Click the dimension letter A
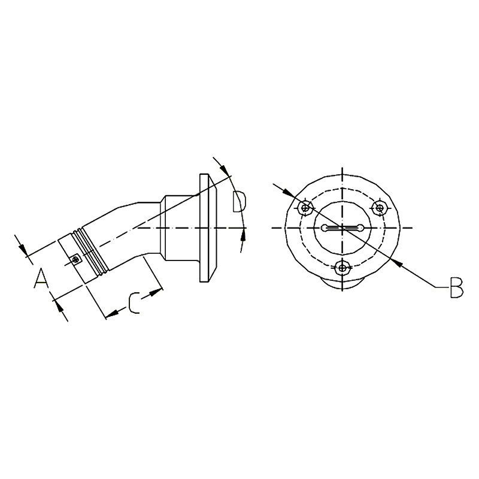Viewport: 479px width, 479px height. (41, 278)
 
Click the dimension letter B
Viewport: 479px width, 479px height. (457, 287)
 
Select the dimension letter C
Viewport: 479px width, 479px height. (134, 303)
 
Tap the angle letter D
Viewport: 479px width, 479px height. (238, 202)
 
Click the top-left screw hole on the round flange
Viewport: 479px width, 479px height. (305, 208)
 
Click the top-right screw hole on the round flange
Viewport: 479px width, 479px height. (380, 208)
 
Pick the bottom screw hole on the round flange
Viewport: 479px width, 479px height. (342, 268)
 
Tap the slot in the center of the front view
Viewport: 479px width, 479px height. (342, 228)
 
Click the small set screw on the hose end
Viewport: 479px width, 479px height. (75, 259)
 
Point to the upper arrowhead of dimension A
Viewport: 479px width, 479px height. (23, 248)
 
